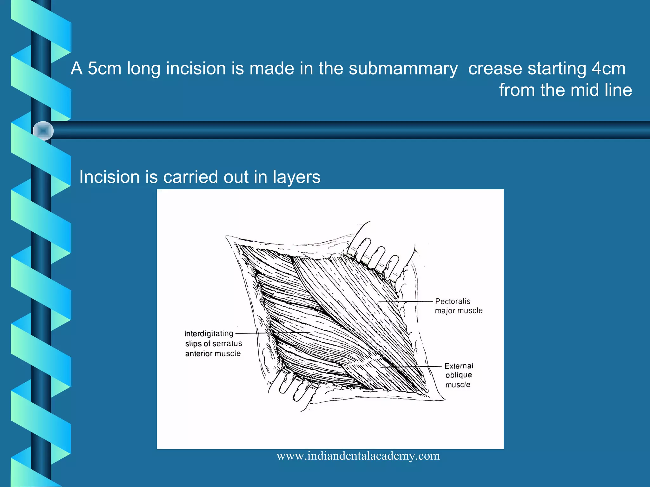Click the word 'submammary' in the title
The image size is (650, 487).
pyautogui.click(x=403, y=68)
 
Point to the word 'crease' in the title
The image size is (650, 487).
pyautogui.click(x=495, y=68)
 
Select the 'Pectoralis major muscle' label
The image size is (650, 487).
pyautogui.click(x=458, y=306)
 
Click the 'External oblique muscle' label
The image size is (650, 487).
pyautogui.click(x=459, y=375)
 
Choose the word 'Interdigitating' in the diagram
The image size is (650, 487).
pyautogui.click(x=209, y=334)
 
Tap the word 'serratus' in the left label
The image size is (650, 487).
pyautogui.click(x=227, y=344)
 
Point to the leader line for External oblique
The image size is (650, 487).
pyautogui.click(x=413, y=367)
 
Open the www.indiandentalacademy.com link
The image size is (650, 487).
pyautogui.click(x=358, y=456)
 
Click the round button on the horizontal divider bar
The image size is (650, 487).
pyautogui.click(x=43, y=131)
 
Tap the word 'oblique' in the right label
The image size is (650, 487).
pyautogui.click(x=459, y=375)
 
